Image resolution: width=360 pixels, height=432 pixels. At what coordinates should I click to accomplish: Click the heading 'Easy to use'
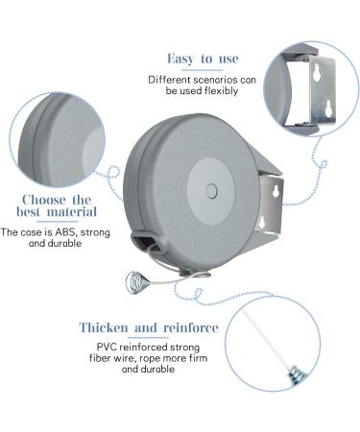203,59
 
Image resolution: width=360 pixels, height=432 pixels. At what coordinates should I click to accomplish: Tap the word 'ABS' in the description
66,232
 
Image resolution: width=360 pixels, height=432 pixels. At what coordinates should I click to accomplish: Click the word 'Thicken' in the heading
104,327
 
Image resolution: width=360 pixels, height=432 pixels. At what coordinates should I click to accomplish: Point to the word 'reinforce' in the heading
191,327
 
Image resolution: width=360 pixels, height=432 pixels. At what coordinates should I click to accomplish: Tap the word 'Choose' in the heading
43,200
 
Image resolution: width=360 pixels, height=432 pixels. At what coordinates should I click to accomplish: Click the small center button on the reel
211,191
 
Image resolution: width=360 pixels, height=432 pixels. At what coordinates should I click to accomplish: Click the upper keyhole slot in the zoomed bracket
318,73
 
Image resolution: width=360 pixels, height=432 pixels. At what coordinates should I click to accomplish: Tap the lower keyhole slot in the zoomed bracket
328,108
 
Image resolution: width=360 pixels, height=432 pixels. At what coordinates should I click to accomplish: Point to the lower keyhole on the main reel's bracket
262,223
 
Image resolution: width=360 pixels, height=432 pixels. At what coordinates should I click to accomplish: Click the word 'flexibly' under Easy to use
221,91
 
